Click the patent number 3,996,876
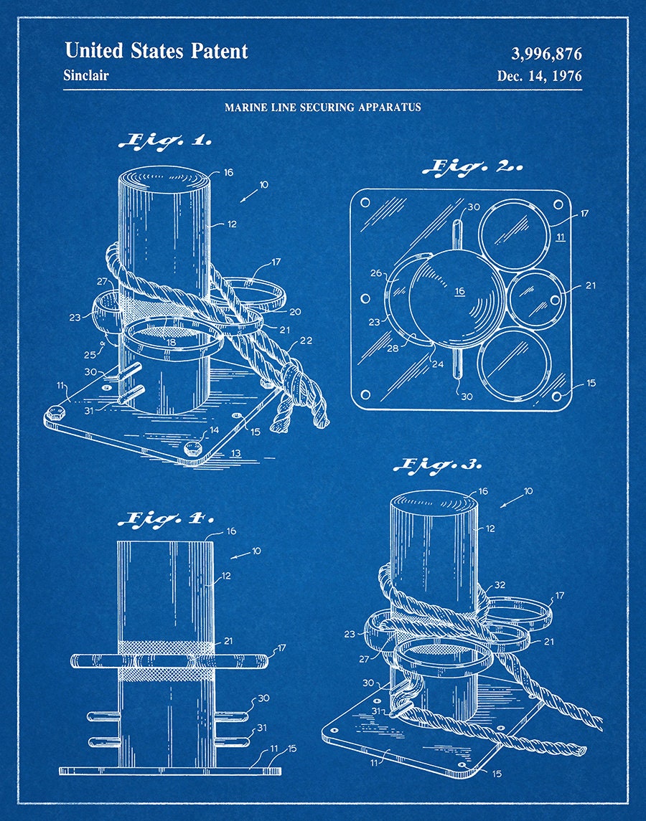coord(546,54)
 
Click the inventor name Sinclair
coord(86,75)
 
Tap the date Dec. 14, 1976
coord(540,77)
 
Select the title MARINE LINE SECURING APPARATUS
coord(323,108)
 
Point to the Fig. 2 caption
coord(473,167)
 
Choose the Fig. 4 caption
coord(167,518)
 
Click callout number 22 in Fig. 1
coord(306,341)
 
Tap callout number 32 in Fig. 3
coord(500,585)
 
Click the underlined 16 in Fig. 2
coord(460,292)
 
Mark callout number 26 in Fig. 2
coord(376,272)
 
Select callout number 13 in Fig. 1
coord(236,453)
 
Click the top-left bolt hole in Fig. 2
coord(365,202)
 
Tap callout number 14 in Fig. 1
coord(214,430)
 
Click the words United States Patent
coord(156,52)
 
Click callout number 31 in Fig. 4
coord(262,728)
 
